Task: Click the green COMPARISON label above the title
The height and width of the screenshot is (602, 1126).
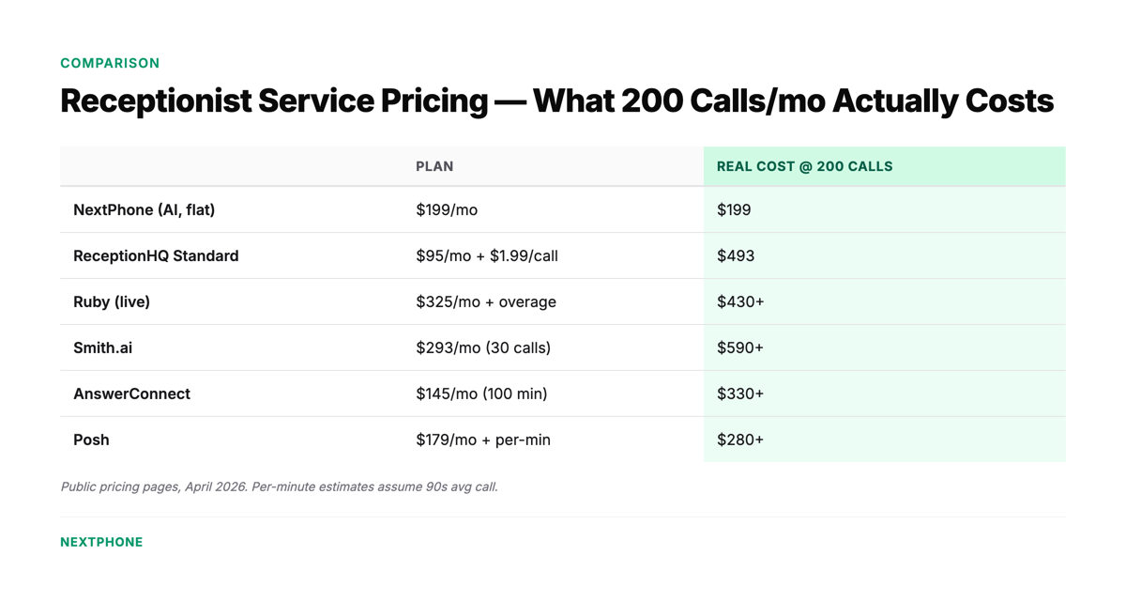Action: point(110,63)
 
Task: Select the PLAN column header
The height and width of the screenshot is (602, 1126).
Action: point(434,166)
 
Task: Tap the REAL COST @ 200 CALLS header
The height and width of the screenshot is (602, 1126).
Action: point(804,166)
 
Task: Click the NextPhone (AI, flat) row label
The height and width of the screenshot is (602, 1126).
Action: point(144,209)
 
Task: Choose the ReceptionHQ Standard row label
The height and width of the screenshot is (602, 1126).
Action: point(156,255)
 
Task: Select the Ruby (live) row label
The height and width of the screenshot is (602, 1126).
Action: point(112,301)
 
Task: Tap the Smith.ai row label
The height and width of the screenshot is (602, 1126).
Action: point(102,347)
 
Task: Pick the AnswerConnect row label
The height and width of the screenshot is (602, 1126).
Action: point(131,394)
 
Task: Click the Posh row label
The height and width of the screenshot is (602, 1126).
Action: point(91,440)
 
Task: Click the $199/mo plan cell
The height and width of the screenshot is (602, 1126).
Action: point(447,209)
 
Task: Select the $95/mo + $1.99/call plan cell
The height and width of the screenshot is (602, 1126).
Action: point(487,255)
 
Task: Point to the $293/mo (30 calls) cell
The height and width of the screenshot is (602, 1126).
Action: point(483,347)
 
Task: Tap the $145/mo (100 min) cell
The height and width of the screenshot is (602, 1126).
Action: point(481,394)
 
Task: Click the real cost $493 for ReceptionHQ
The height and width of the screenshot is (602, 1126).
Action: point(736,255)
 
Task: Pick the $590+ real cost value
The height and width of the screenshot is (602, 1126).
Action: point(740,347)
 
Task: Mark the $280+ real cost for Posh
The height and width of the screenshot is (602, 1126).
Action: point(740,440)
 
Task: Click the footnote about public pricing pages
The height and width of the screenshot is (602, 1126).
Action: point(279,486)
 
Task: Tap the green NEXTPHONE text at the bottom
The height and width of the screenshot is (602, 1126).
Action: point(101,542)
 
